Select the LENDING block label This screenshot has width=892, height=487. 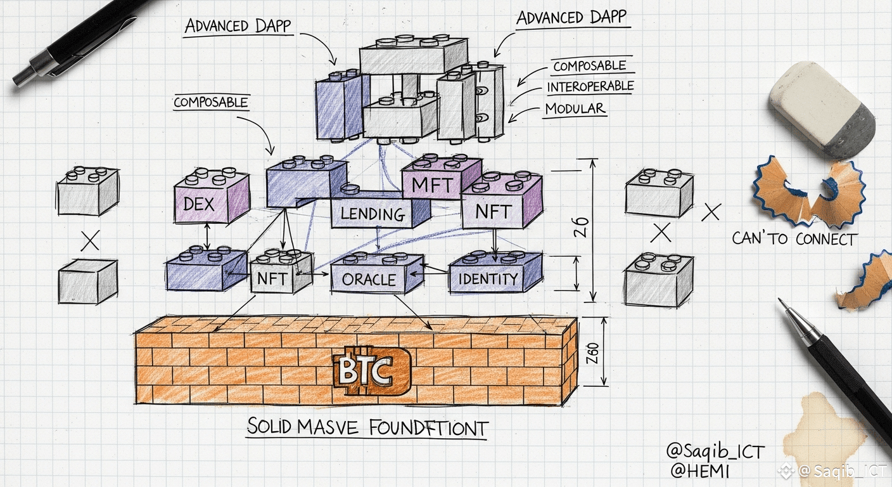point(373,214)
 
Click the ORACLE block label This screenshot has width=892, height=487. point(369,280)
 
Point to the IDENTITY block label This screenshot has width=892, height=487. point(488,279)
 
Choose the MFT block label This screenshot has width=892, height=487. point(432,186)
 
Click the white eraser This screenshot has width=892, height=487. point(822,108)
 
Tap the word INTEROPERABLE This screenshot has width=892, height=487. point(590,86)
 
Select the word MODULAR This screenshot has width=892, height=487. point(575,108)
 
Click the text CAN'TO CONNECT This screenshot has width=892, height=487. point(794,238)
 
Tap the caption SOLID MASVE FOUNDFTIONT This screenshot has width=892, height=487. point(367,427)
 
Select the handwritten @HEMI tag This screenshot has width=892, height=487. point(699,471)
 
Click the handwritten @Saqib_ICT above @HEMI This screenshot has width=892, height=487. point(715,452)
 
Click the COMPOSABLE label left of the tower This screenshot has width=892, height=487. point(210,102)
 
